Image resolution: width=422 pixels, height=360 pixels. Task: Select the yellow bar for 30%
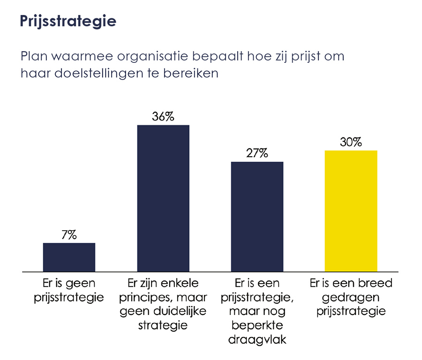[351, 211]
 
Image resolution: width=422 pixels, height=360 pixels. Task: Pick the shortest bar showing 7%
[69, 257]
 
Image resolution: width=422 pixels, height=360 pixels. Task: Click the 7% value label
[69, 235]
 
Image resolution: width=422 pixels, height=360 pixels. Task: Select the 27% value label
[257, 153]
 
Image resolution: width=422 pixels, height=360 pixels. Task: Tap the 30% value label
[351, 142]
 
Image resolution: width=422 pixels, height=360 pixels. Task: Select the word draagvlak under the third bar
[257, 339]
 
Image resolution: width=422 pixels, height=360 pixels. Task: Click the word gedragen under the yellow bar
[351, 297]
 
